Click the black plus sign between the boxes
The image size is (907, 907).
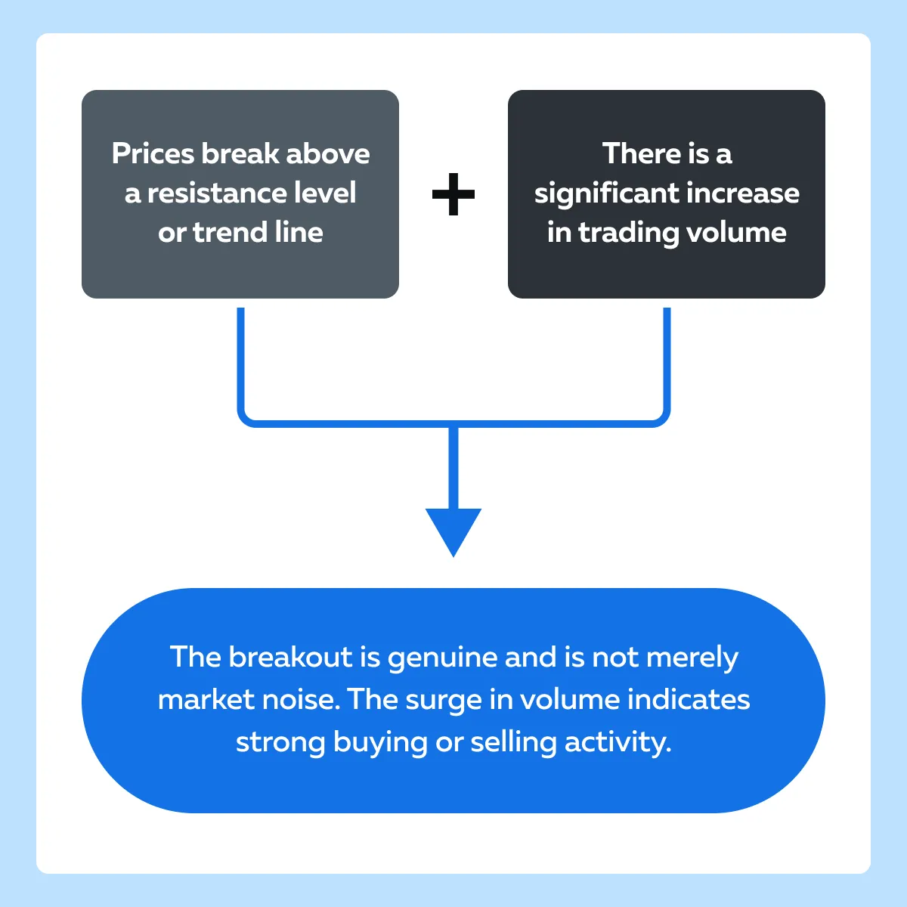pos(453,194)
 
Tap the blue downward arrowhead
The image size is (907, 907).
pos(453,532)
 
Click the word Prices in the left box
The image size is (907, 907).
pos(153,153)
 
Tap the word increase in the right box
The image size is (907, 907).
pos(743,193)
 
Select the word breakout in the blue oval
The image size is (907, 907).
pos(291,657)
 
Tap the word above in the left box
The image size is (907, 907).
pos(327,153)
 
